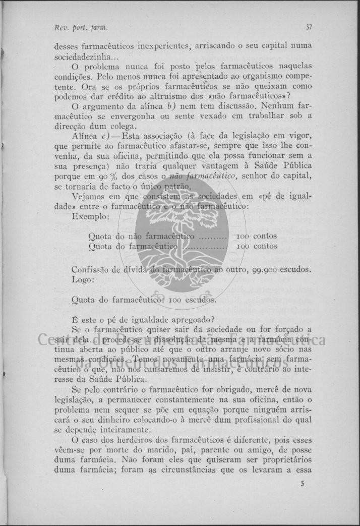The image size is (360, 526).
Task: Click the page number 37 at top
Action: tap(308, 27)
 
